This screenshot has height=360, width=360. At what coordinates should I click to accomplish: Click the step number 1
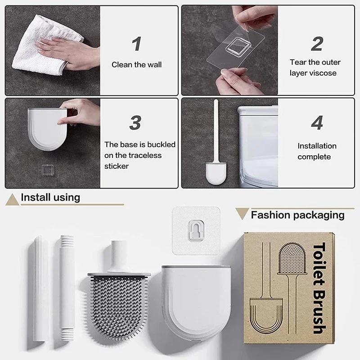[x=136, y=44]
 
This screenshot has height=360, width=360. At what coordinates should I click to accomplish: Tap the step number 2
[x=317, y=44]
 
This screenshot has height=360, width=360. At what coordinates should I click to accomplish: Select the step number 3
[x=135, y=122]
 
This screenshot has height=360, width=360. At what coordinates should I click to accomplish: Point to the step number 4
[x=317, y=122]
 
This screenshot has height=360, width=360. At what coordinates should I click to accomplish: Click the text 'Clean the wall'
[x=136, y=65]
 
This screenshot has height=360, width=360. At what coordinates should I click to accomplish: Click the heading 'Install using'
[x=50, y=197]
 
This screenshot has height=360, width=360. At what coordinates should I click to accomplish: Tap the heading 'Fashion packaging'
[x=297, y=215]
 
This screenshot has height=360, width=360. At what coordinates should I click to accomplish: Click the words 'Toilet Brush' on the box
[x=318, y=288]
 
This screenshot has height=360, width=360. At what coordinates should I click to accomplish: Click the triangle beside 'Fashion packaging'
[x=242, y=213]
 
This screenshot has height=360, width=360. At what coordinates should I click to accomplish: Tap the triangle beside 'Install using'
[x=12, y=199]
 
